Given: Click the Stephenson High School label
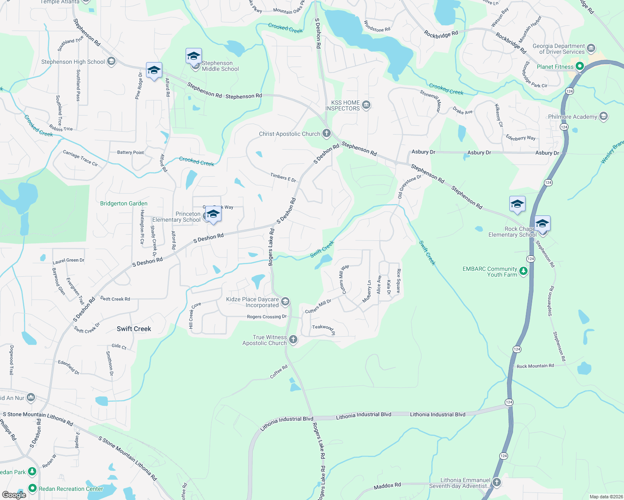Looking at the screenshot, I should (x=73, y=62).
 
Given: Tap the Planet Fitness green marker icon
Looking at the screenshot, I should (x=579, y=66).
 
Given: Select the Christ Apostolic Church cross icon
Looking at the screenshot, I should (x=327, y=133).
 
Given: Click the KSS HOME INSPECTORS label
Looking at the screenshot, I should (x=343, y=105).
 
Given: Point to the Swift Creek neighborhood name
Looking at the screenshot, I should (x=134, y=329).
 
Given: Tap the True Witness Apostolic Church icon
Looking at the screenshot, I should (x=293, y=340).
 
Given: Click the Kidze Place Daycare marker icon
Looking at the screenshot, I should (x=285, y=301).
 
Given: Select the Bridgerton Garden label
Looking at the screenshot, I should (x=124, y=203).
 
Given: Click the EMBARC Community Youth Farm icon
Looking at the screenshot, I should (x=523, y=271).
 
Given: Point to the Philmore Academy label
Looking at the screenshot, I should (x=572, y=117).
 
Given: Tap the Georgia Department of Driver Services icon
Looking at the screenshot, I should (x=591, y=48).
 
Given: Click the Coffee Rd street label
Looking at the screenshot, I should (x=279, y=371).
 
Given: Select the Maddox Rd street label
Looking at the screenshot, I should (x=387, y=486).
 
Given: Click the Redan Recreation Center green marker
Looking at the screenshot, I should (x=33, y=488).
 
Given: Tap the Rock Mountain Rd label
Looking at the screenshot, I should (x=535, y=366).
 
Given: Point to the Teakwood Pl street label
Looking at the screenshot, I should (x=324, y=329).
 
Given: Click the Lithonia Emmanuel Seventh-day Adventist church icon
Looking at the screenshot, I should (x=496, y=482).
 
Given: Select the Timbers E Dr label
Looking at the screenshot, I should (x=283, y=177).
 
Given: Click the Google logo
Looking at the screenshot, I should (x=14, y=495).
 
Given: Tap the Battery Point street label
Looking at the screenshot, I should (x=130, y=152).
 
